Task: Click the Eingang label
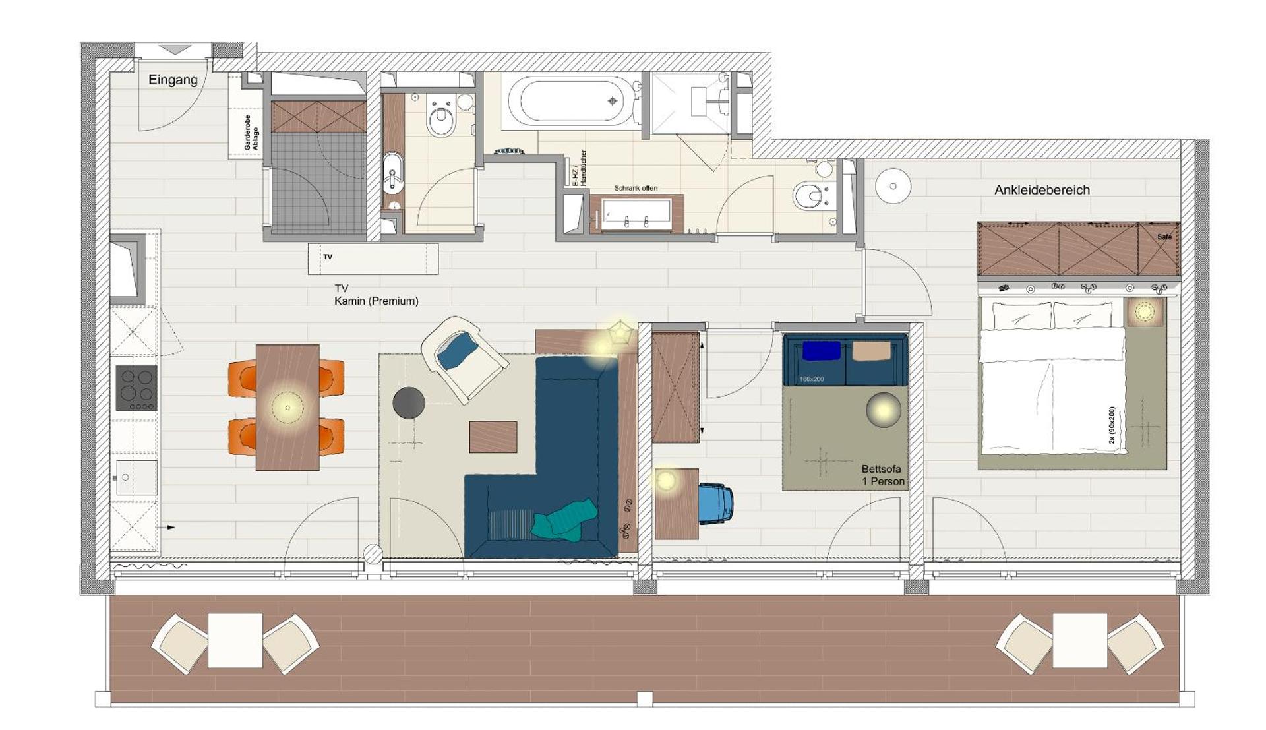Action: (173, 80)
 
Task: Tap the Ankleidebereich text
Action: (1042, 190)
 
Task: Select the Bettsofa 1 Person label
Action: (882, 475)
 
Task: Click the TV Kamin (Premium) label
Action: (376, 295)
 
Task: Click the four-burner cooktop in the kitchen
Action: (136, 388)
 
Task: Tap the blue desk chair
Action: (715, 503)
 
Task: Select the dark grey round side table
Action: (409, 403)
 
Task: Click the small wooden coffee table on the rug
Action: (493, 437)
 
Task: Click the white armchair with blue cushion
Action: (464, 357)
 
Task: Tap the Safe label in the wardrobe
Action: (1164, 237)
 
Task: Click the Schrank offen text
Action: (636, 188)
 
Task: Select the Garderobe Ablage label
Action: (251, 133)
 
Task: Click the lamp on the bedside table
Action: (1144, 311)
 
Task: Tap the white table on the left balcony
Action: (235, 640)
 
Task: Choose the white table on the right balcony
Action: (1079, 640)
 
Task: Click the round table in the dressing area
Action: (893, 186)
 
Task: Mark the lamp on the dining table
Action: (287, 407)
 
